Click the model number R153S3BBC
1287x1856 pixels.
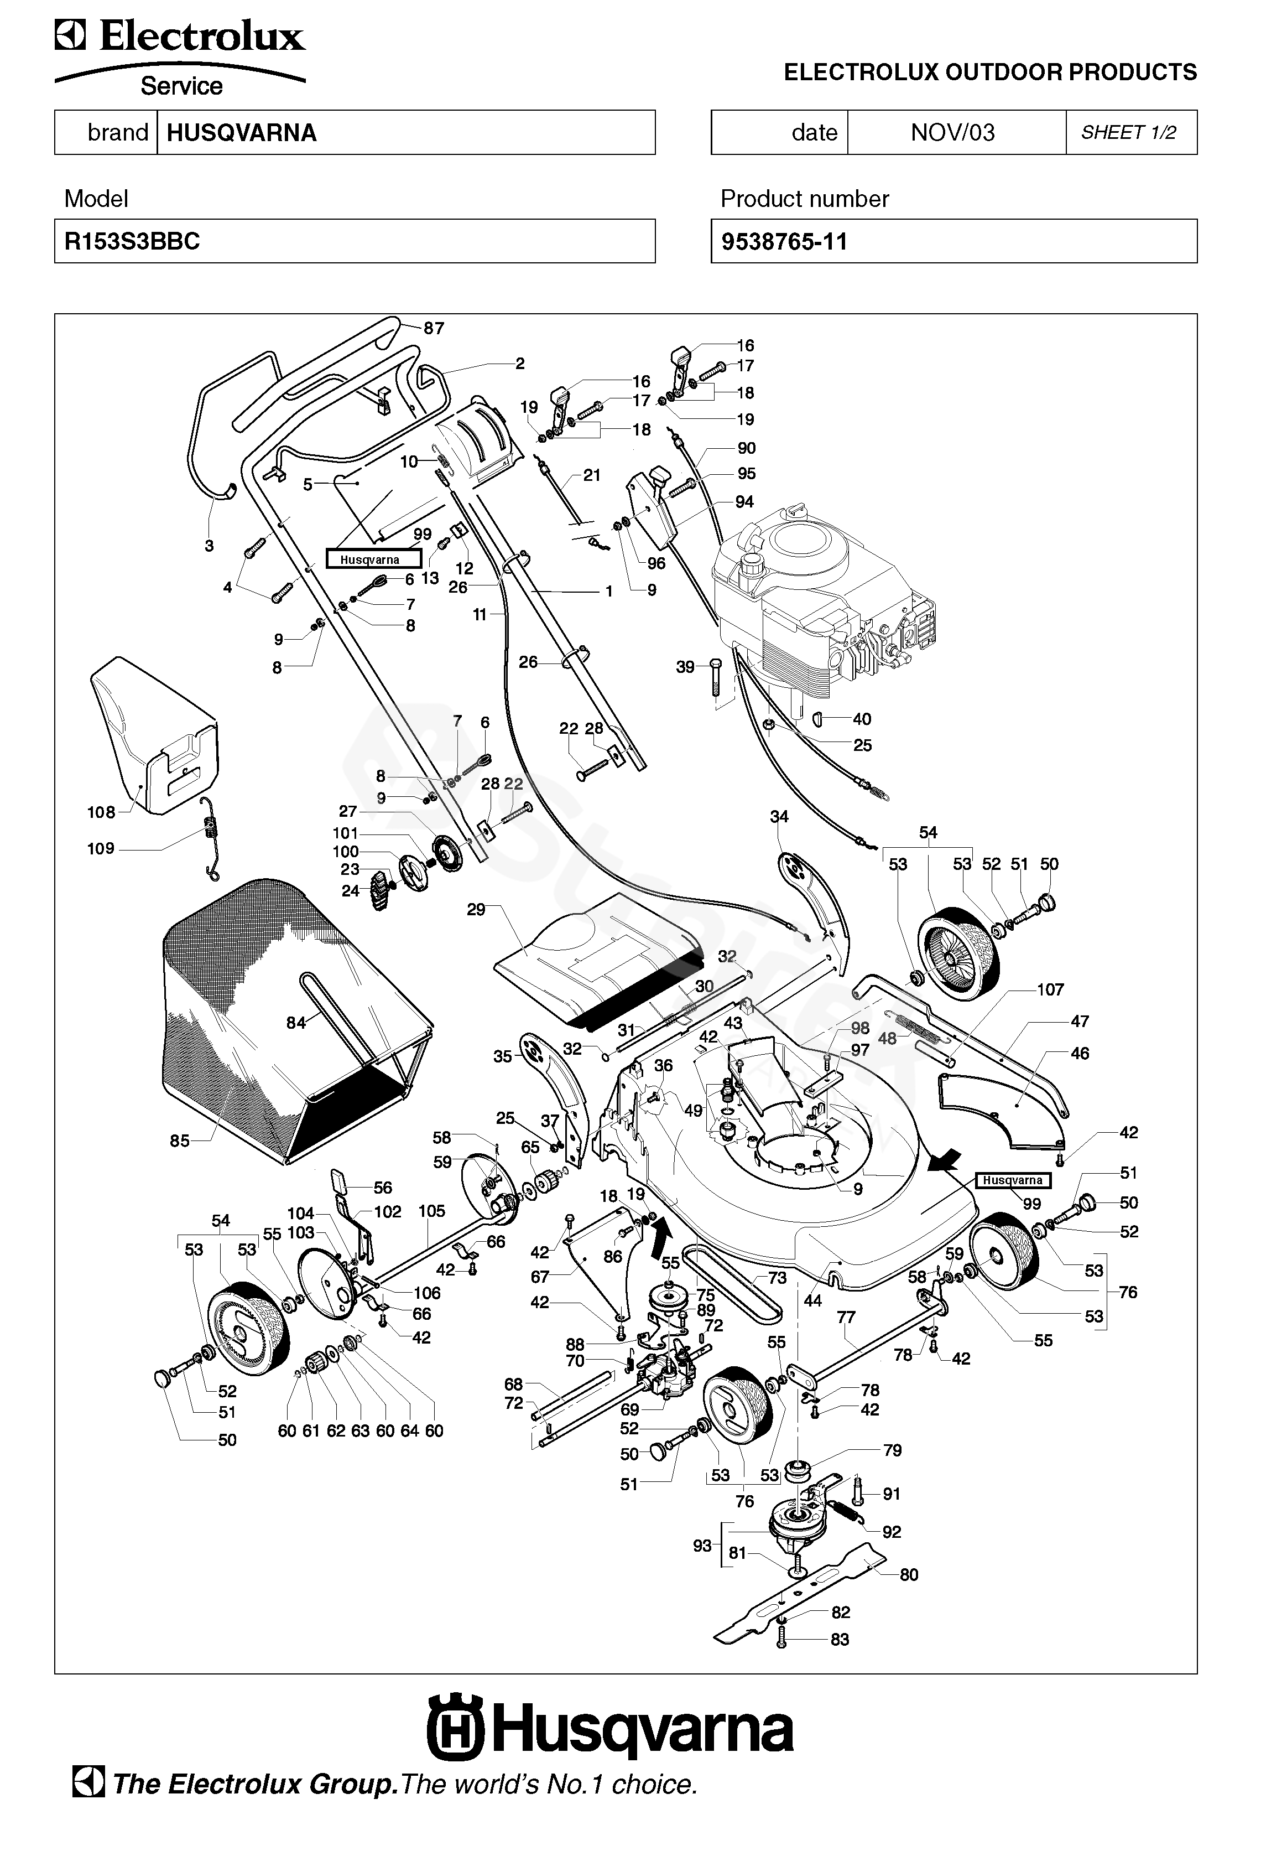pos(132,242)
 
